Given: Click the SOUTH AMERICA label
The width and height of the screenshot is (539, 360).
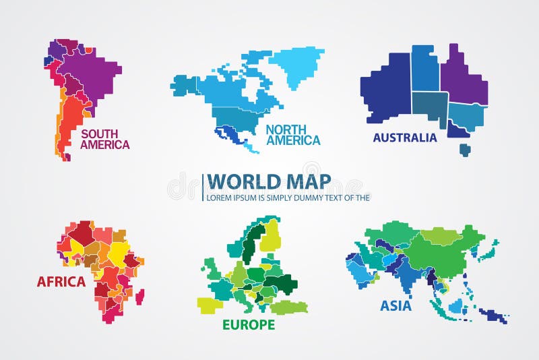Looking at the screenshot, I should point(104,139).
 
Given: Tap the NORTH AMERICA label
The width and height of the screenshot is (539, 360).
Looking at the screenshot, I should point(292,135).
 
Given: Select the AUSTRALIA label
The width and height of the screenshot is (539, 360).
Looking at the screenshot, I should point(404,138).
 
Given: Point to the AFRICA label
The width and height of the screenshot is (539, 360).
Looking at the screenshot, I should point(61,281).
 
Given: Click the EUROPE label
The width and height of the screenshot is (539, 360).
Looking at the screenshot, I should point(249,324).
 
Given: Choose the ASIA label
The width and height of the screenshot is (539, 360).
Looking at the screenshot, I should point(396,305).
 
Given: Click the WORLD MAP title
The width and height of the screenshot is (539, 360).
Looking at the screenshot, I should point(268,181).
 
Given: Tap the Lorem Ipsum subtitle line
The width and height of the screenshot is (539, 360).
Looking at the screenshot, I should point(288,198).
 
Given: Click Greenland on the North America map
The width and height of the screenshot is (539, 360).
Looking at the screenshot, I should point(296,65).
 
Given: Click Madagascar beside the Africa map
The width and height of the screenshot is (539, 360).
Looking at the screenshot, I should point(139,296).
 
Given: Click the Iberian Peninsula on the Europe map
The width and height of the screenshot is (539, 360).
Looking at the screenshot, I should point(210,304).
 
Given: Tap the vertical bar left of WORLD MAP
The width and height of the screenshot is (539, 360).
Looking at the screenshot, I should point(203,187).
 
